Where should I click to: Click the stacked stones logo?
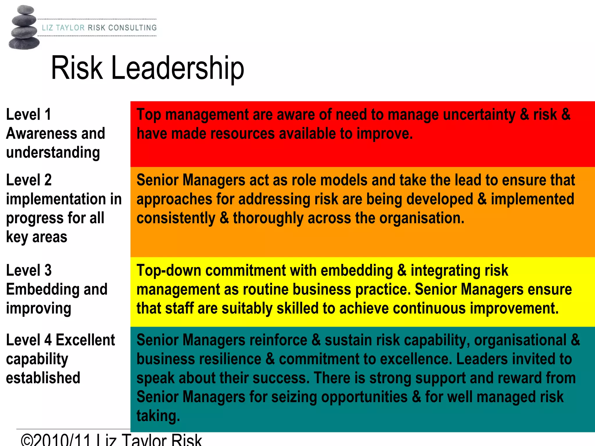pyautogui.click(x=24, y=28)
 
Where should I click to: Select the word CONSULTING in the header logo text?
pyautogui.click(x=132, y=28)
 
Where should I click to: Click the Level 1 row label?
pyautogui.click(x=28, y=114)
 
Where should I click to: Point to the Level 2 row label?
pyautogui.click(x=29, y=180)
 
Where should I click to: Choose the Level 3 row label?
pyautogui.click(x=29, y=270)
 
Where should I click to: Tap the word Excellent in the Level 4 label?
pyautogui.click(x=85, y=340)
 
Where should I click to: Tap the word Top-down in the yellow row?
pyautogui.click(x=169, y=270)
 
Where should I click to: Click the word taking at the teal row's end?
pyautogui.click(x=158, y=416)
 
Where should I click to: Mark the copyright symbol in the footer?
pyautogui.click(x=28, y=440)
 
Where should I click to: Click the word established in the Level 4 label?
pyautogui.click(x=43, y=378)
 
